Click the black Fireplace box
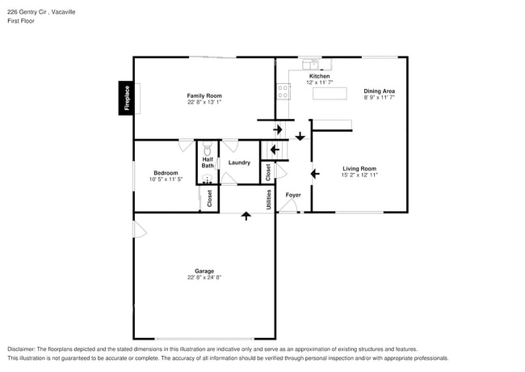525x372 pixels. [x=126, y=99]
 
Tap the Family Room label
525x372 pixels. [x=204, y=95]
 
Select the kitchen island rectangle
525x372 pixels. [x=329, y=94]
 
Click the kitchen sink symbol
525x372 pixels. [x=310, y=64]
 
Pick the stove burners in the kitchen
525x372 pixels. [x=283, y=92]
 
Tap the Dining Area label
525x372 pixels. [x=379, y=91]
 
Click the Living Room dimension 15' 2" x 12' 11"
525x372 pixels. [x=359, y=175]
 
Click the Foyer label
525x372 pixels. [x=292, y=195]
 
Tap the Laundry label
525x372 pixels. [x=239, y=163]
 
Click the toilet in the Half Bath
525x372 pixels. [x=208, y=150]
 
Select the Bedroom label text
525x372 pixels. [x=166, y=172]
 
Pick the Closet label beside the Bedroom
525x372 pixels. [x=209, y=199]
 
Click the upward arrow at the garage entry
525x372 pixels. [x=246, y=217]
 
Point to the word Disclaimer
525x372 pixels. [x=22, y=349]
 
